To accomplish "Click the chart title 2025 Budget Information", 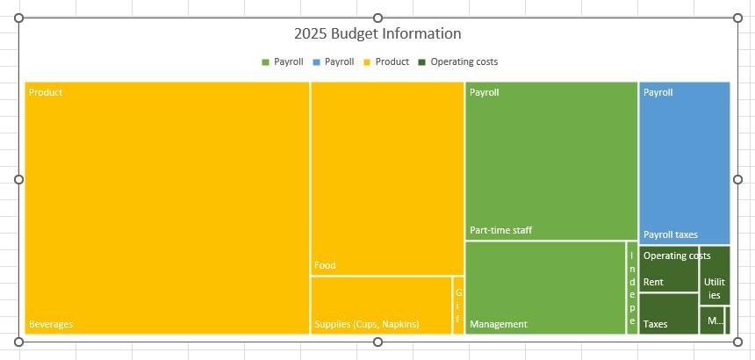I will (377, 34).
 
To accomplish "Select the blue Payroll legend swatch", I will (317, 62).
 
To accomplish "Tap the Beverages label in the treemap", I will (51, 324).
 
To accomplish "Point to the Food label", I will (325, 265).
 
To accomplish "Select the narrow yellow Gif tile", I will (457, 305).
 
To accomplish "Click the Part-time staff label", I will (500, 231).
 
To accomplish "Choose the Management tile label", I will (499, 324).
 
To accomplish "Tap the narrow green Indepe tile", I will (631, 288).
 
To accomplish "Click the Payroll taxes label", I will (670, 234).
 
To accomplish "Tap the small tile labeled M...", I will (712, 320).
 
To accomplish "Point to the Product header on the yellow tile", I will (46, 92).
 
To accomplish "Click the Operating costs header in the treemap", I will (676, 256).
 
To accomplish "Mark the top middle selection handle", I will (377, 18).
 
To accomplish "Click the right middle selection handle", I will (737, 179).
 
